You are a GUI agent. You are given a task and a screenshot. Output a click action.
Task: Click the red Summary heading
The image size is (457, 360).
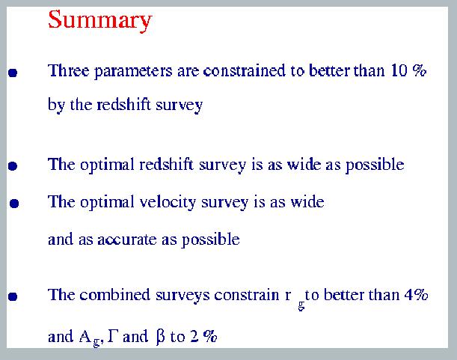100,20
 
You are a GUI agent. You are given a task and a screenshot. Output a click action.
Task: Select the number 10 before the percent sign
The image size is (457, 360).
399,70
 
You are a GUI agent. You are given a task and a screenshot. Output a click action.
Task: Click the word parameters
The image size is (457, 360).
133,72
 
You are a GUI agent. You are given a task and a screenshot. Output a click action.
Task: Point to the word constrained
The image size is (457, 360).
245,70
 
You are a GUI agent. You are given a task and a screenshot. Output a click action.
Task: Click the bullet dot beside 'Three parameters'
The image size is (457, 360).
13,73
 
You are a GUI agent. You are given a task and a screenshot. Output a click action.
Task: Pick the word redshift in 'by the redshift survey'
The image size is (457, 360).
123,105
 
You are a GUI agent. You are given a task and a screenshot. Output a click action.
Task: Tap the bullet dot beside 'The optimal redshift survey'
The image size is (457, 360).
13,165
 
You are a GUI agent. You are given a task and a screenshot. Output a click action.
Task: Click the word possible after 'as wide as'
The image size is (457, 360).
375,165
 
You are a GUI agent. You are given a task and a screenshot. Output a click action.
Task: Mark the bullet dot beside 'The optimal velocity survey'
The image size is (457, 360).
14,204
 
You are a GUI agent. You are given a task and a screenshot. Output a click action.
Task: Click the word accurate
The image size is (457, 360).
127,240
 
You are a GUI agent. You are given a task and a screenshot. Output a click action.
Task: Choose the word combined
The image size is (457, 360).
115,295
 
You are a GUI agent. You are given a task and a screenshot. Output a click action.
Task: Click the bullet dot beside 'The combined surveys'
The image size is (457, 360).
13,296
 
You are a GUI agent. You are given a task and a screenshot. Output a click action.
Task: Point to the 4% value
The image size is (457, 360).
417,295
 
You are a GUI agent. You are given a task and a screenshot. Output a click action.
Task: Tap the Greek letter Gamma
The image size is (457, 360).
112,336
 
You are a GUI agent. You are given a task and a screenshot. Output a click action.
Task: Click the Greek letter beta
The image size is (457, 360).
161,337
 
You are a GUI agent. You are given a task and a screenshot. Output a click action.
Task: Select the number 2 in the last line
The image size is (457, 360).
194,336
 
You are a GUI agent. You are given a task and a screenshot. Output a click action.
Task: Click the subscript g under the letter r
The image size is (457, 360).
301,305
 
